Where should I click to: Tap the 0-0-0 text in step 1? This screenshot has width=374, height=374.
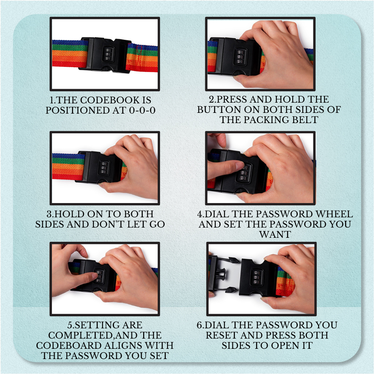pos(142,110)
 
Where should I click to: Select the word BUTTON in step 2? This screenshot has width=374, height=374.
pos(219,110)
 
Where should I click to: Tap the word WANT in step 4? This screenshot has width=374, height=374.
pos(275,235)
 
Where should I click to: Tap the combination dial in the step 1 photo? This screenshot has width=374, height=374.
pos(108,54)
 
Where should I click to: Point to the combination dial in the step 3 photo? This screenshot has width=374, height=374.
pos(104,168)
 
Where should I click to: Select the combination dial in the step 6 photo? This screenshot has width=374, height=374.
pos(256,277)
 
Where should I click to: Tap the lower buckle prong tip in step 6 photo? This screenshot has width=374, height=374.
pos(231,290)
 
